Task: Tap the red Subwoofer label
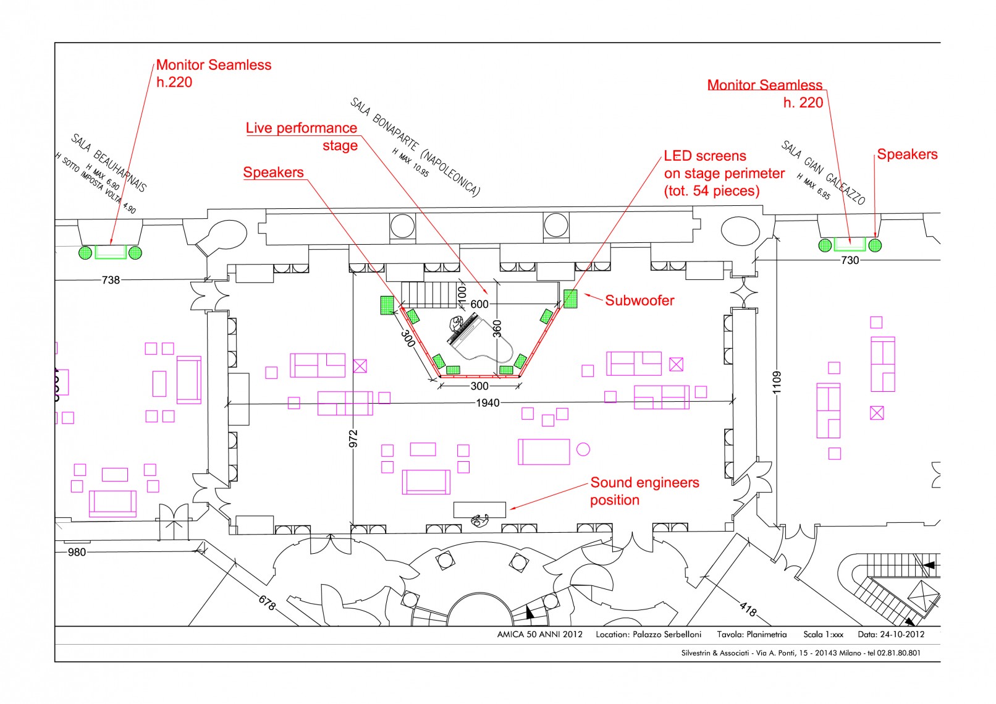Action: tap(639, 301)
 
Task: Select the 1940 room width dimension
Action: tap(487, 403)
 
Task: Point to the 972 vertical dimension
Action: tap(353, 438)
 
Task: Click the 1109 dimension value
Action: tap(777, 382)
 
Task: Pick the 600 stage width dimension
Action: tap(479, 304)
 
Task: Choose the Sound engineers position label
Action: tap(644, 491)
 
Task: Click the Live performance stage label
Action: tap(302, 137)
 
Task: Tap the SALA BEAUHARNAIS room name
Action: tap(109, 163)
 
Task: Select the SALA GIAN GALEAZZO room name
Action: tap(823, 172)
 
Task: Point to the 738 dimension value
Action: tap(111, 280)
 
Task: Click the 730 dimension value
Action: tap(850, 260)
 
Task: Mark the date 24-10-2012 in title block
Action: tap(902, 634)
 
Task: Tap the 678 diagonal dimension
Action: tap(266, 602)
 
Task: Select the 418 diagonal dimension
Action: tap(748, 611)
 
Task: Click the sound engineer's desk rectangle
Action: tap(479, 509)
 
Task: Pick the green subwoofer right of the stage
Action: tap(570, 299)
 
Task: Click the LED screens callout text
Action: tap(724, 173)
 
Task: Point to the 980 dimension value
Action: tap(77, 552)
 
